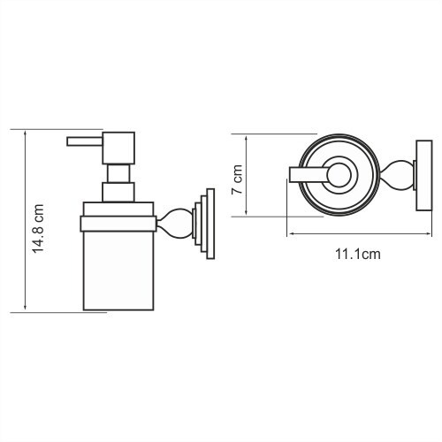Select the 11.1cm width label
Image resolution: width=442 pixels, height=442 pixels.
tap(356, 255)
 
